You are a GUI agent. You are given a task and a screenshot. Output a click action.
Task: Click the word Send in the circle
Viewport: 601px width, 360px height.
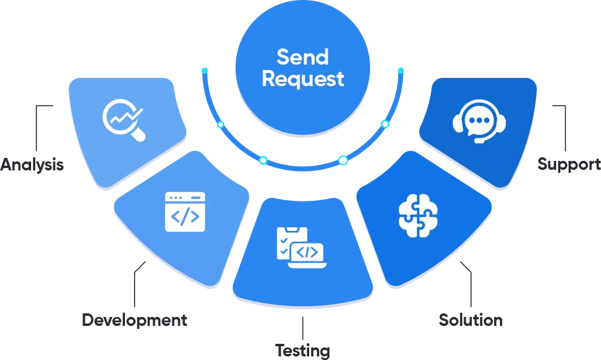[x=303, y=57]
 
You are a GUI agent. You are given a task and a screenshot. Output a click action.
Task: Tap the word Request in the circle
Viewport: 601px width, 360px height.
[x=303, y=79]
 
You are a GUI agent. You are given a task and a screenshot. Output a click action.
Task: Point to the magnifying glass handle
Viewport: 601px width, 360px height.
[x=138, y=135]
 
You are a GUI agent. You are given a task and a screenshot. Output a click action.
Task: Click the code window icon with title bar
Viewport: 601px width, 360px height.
[x=185, y=211]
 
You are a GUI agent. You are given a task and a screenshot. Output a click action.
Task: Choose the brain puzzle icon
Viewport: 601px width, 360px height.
[x=418, y=215]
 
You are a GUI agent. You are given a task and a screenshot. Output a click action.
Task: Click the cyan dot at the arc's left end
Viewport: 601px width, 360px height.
[x=205, y=71]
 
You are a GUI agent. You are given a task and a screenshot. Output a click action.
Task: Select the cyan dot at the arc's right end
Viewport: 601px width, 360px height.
[x=401, y=71]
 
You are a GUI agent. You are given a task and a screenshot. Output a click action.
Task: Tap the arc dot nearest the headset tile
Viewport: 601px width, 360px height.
[x=385, y=124]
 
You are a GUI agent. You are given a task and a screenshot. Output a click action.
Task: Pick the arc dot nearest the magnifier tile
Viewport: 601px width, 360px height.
[x=220, y=124]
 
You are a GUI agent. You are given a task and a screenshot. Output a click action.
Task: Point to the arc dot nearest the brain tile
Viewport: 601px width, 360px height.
[x=343, y=160]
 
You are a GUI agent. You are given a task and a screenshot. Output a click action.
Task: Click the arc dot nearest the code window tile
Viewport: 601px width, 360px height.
[x=262, y=160]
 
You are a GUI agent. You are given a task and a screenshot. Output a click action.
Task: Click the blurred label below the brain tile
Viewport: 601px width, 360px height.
[x=468, y=321]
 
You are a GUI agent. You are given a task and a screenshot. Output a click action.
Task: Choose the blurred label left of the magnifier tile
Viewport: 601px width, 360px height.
[x=33, y=163]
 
